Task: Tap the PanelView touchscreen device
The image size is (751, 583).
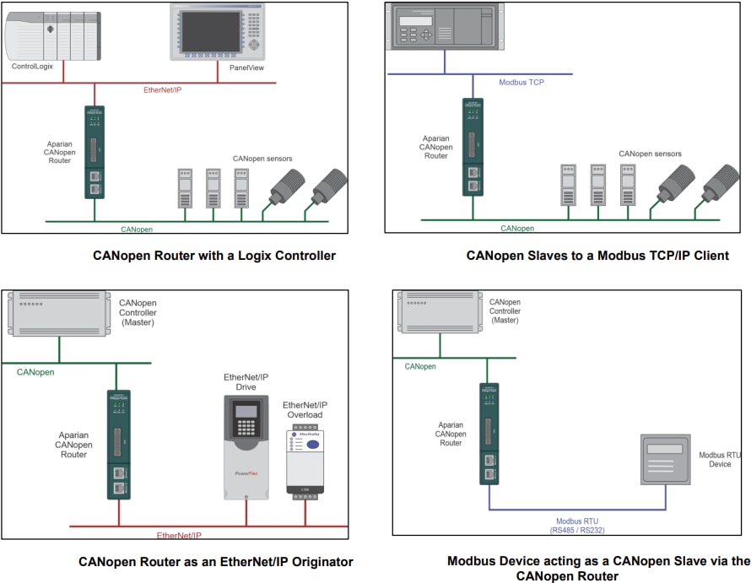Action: coord(218,31)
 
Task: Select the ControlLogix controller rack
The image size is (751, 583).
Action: coord(51,35)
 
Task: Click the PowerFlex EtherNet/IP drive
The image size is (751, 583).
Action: coord(246,447)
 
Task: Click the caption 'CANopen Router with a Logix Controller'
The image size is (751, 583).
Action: coord(214,256)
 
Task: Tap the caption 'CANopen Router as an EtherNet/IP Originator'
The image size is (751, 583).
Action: coord(216,561)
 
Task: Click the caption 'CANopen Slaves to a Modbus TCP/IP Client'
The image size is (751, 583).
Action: coord(597,256)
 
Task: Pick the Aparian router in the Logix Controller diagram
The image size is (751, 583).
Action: coord(95,152)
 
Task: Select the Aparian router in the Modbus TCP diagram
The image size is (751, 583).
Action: coord(473,147)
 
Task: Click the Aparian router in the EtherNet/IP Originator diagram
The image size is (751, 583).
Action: coord(118,444)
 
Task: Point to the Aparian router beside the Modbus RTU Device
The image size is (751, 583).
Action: coord(489,435)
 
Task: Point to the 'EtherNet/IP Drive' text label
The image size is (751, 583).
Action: coord(246,382)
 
